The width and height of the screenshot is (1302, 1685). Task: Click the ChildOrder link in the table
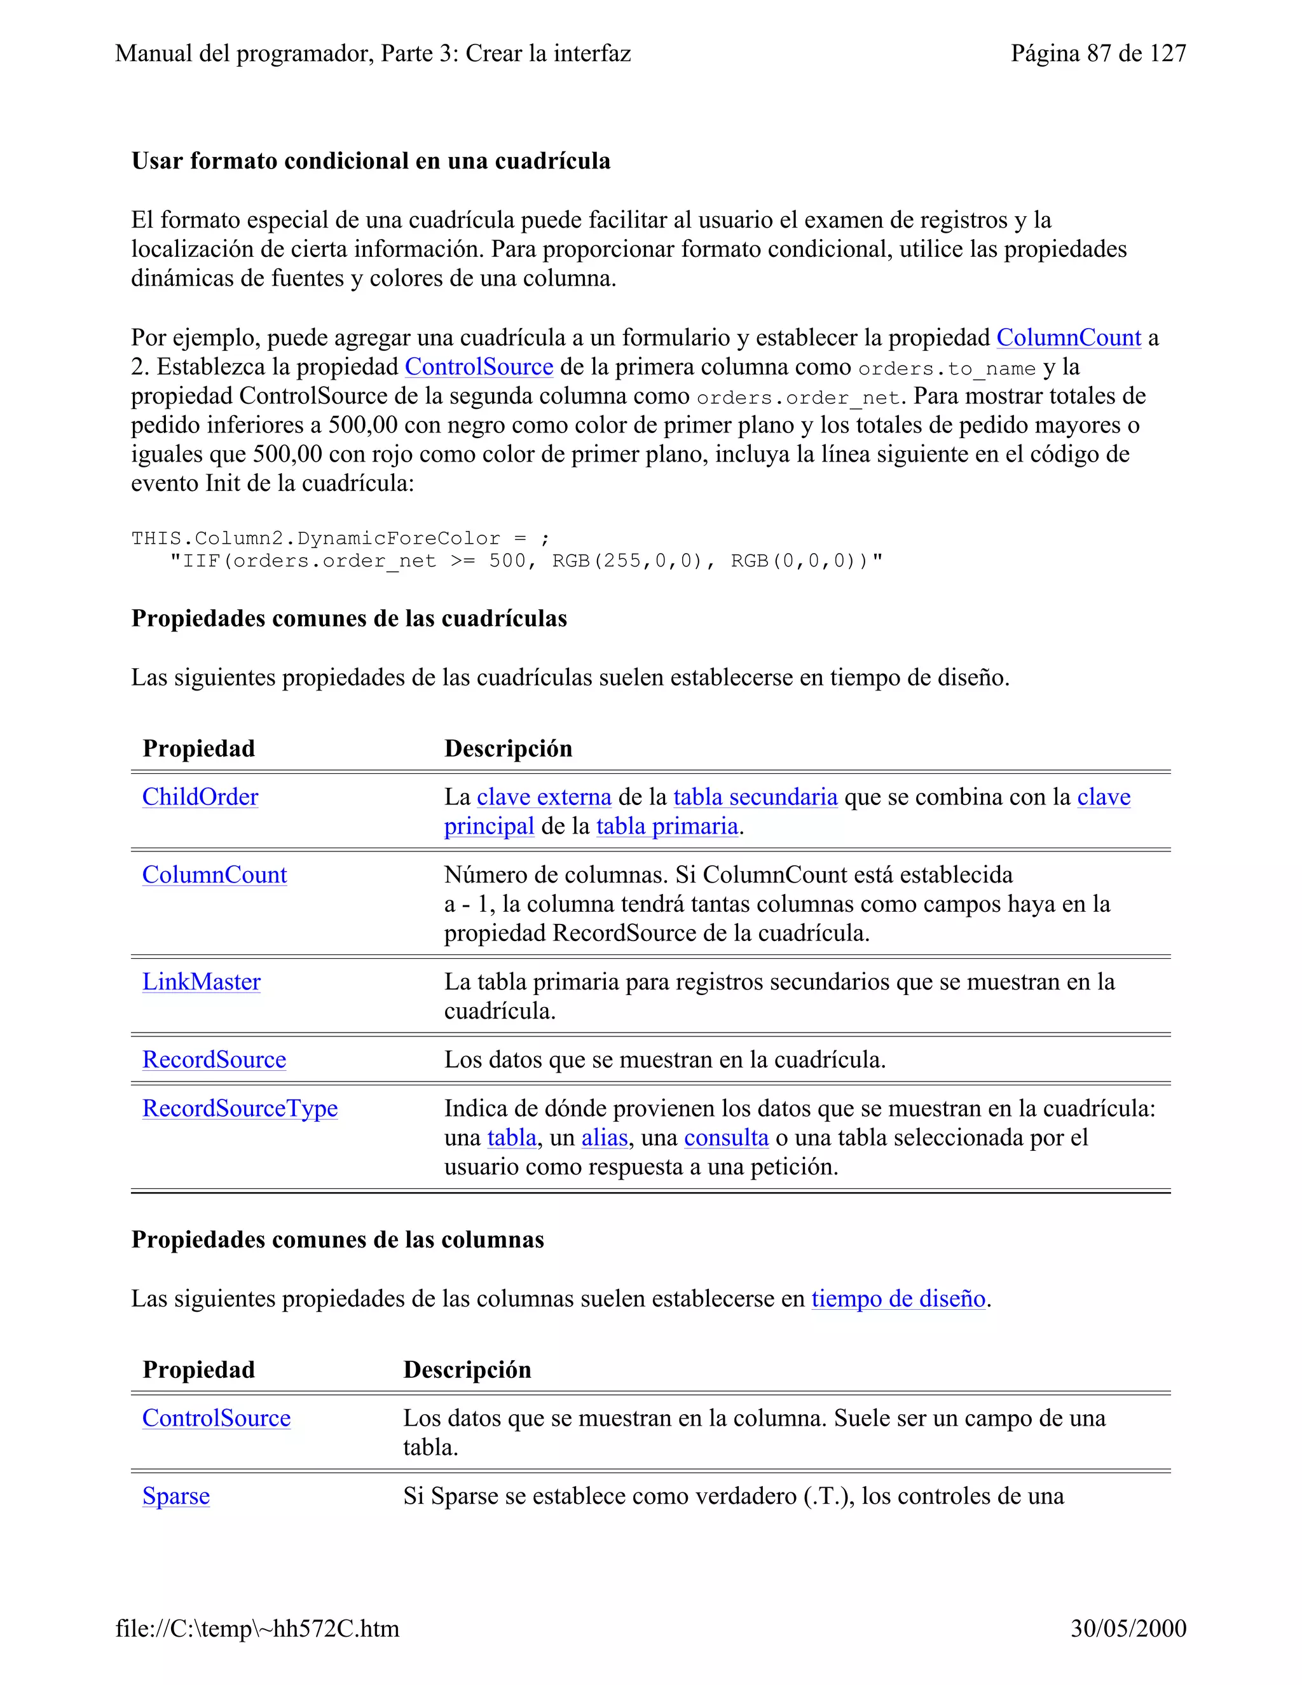click(x=200, y=797)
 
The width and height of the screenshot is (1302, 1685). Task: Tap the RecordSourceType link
click(x=240, y=1109)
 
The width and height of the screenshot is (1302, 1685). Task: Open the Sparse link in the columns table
click(x=176, y=1496)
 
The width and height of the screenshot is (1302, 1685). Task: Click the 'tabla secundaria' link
click(x=755, y=797)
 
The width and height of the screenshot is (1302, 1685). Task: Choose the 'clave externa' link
click(x=544, y=797)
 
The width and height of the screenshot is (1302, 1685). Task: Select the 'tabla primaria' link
click(x=667, y=827)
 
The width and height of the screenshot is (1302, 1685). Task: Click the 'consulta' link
click(x=726, y=1138)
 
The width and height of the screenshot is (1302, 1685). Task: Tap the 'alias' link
click(x=604, y=1138)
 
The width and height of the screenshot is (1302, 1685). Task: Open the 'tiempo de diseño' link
click(x=898, y=1298)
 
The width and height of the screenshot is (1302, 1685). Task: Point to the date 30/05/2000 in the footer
click(x=1128, y=1628)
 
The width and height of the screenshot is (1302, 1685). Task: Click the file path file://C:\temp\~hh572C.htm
click(x=257, y=1628)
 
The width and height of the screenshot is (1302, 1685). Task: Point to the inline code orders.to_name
click(x=947, y=369)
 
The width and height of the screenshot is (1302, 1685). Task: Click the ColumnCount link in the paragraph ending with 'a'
click(x=1068, y=338)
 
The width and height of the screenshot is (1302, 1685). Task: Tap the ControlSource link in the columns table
click(x=216, y=1418)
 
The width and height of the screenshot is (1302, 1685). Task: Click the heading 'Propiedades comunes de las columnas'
click(x=337, y=1240)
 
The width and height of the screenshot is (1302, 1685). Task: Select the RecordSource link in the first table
click(x=214, y=1060)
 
